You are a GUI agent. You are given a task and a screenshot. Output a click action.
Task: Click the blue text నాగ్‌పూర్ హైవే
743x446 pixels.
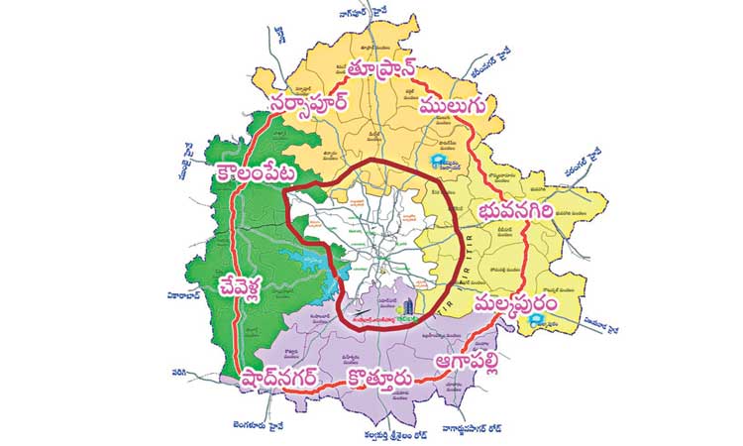[366, 12]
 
